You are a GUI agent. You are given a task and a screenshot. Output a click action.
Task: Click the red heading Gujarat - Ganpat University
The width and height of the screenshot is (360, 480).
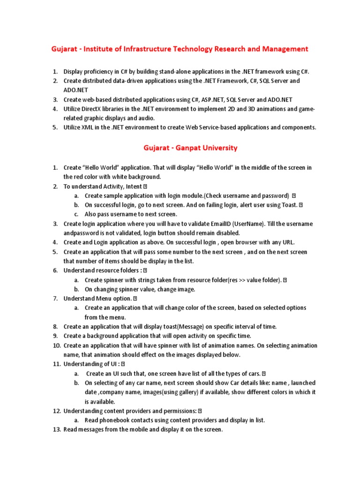[x=190, y=148]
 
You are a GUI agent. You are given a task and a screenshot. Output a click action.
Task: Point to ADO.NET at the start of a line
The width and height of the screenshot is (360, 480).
[x=75, y=90]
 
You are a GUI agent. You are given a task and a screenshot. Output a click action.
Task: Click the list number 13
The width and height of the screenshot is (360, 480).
[x=56, y=430]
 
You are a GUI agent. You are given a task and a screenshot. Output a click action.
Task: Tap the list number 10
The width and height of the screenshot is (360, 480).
[x=56, y=345]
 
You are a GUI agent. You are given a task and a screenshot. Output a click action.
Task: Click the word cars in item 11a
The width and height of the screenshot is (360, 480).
[x=253, y=374]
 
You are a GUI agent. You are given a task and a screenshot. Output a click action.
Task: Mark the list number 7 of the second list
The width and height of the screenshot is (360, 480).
[x=55, y=299]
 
